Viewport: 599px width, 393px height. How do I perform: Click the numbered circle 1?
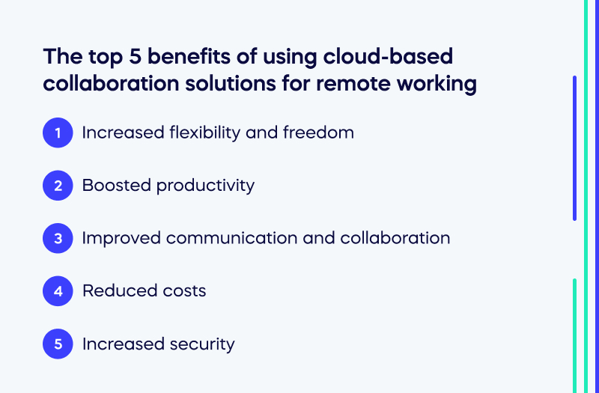pos(58,133)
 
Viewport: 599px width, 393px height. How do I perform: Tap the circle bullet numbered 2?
pos(58,186)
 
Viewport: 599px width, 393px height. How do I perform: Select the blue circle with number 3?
pos(58,239)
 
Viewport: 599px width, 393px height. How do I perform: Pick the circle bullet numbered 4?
pos(58,291)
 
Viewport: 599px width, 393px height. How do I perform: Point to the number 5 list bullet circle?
pos(58,344)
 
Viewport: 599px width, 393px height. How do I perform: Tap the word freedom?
pos(318,133)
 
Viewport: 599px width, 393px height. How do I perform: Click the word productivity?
pos(205,186)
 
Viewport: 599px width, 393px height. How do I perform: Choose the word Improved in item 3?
pos(121,239)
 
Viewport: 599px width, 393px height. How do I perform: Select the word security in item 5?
pos(201,344)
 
